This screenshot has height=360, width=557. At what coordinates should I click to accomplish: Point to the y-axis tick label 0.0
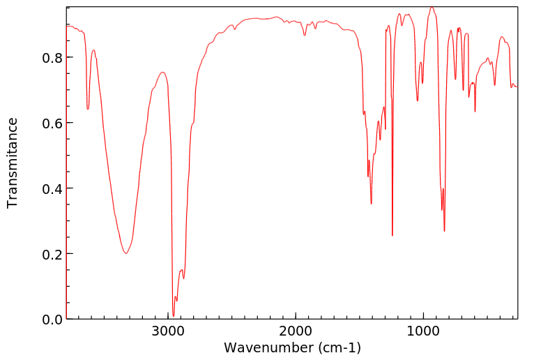tap(52, 320)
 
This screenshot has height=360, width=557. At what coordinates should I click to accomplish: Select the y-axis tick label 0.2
tap(52, 254)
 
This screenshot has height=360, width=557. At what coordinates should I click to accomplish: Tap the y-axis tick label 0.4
tap(52, 188)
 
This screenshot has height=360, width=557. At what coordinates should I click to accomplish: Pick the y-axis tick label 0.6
tap(52, 123)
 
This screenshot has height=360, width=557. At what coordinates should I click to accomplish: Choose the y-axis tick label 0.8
tap(52, 57)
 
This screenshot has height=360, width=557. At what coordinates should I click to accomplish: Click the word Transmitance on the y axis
tap(13, 163)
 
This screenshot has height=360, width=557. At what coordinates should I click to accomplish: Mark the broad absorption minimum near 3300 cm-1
tap(126, 253)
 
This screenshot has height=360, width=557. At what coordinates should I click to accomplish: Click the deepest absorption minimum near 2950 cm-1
tap(174, 315)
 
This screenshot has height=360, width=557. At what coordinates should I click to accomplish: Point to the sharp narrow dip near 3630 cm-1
tap(88, 109)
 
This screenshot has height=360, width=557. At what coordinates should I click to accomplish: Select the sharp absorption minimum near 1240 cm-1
tap(392, 236)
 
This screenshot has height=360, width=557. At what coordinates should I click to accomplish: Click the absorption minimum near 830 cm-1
tap(444, 231)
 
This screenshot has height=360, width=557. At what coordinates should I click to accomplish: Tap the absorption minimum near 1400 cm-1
tap(372, 204)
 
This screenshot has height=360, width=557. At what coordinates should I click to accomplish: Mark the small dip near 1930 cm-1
tap(305, 35)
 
